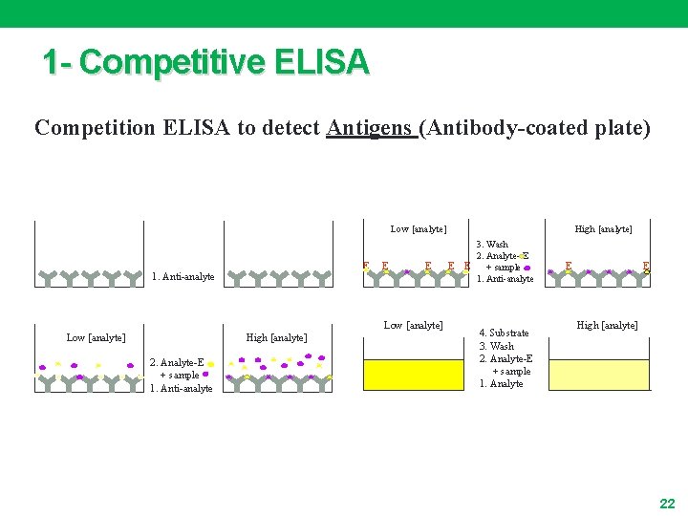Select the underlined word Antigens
pyautogui.click(x=370, y=128)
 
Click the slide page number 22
pyautogui.click(x=667, y=503)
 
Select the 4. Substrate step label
pyautogui.click(x=504, y=333)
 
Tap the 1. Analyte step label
pyautogui.click(x=501, y=383)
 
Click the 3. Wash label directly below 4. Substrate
pyautogui.click(x=496, y=346)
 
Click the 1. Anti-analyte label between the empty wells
pyautogui.click(x=183, y=277)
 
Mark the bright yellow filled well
pyautogui.click(x=412, y=374)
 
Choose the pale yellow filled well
pyautogui.click(x=598, y=374)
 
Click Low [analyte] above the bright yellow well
pyautogui.click(x=413, y=326)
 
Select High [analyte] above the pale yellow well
pyautogui.click(x=607, y=326)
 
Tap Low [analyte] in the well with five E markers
pyautogui.click(x=419, y=229)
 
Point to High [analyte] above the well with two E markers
pyautogui.click(x=603, y=229)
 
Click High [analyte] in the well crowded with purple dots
pyautogui.click(x=276, y=337)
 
